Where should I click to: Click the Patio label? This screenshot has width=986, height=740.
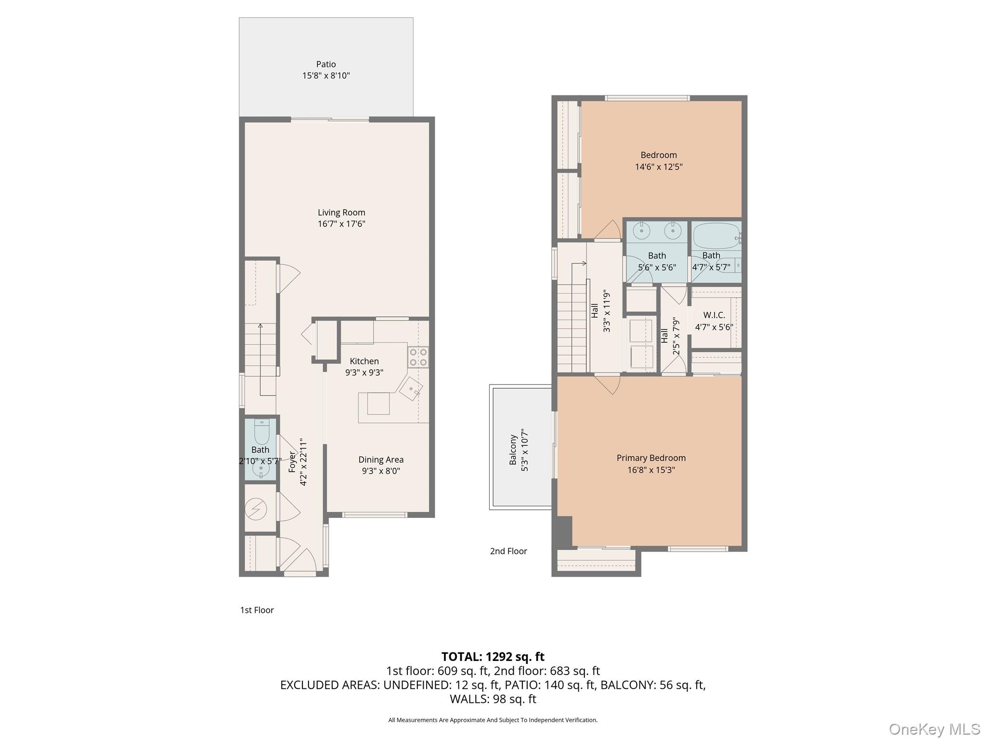pos(326,64)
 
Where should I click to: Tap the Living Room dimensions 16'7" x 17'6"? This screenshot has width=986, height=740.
pos(341,224)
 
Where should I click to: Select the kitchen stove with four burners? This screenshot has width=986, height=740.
pos(418,357)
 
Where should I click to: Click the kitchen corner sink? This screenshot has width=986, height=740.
pos(411,388)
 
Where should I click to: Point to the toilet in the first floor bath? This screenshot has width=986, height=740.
pos(261,432)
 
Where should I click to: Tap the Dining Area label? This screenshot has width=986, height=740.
pos(381,460)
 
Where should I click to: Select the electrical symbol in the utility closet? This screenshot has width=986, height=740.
pos(255,508)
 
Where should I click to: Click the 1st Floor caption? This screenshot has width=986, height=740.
pos(257,610)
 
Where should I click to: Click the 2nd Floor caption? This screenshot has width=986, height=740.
pos(508,551)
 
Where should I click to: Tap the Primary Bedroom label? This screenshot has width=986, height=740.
pos(651,458)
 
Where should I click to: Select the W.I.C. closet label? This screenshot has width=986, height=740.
pos(714,315)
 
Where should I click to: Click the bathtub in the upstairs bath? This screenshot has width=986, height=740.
pos(716,236)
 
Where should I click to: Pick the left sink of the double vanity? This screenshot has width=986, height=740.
pos(642,231)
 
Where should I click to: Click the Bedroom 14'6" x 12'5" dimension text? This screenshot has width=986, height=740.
pos(659,167)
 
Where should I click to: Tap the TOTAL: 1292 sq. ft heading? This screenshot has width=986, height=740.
pos(493,657)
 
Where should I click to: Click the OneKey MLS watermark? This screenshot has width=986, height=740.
pos(934,729)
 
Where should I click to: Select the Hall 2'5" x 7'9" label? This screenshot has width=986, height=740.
pos(671,336)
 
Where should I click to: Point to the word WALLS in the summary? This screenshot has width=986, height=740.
pos(469,699)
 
